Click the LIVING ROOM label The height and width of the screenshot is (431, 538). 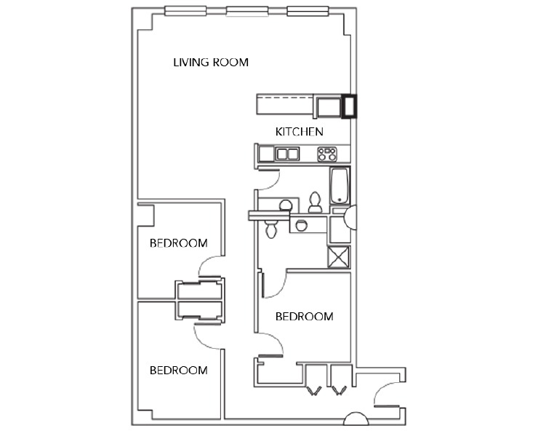point(210,62)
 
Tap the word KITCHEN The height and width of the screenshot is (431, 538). point(299,132)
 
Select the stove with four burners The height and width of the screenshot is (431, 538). point(327,154)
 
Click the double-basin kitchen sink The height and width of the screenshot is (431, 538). point(287,154)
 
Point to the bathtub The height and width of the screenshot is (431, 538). point(340,186)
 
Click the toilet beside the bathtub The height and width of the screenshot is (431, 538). point(315,201)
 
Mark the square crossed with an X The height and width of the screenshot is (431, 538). point(340,258)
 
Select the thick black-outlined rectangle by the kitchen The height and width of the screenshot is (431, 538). point(349,107)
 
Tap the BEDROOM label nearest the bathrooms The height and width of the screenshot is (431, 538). point(304,316)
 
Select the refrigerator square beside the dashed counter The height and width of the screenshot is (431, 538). point(329,107)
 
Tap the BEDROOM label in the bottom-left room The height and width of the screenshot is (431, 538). point(178,370)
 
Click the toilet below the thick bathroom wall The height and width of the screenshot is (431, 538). point(271,229)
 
